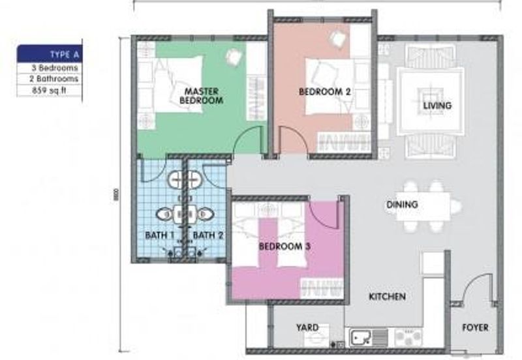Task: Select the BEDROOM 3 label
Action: (x=284, y=247)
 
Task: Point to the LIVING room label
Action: (x=437, y=105)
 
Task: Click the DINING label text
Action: (x=401, y=205)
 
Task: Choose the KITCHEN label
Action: (x=387, y=297)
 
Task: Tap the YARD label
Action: (x=307, y=327)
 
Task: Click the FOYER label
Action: (x=474, y=327)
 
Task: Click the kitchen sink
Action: (x=361, y=337)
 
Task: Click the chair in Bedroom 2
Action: (x=339, y=38)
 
